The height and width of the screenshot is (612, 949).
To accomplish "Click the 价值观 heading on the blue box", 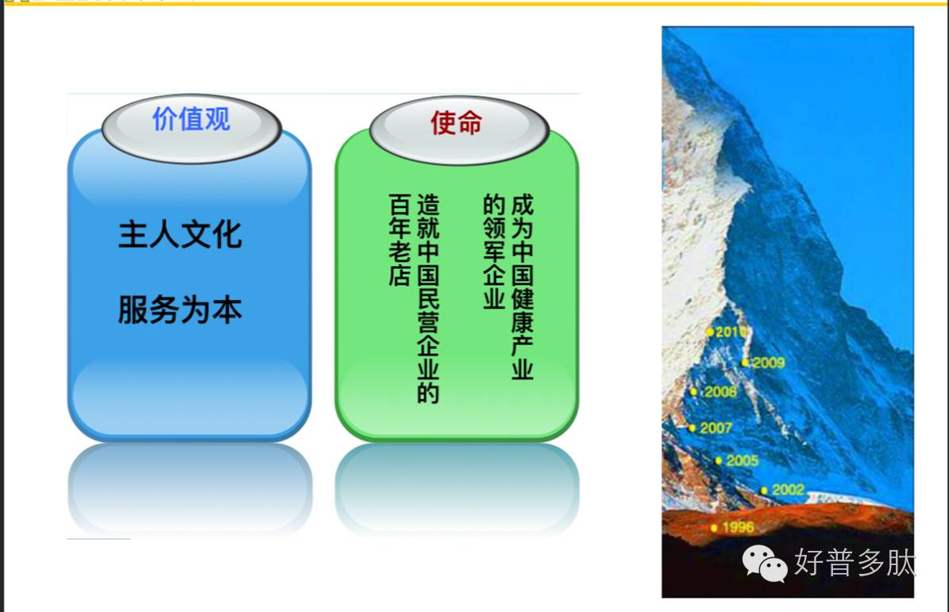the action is pyautogui.click(x=191, y=119).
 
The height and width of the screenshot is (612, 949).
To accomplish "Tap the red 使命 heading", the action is pyautogui.click(x=457, y=123).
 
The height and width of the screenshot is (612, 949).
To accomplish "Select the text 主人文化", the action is pyautogui.click(x=180, y=235).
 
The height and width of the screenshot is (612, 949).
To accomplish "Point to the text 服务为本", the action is pyautogui.click(x=180, y=310).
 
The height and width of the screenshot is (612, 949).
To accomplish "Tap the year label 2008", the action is pyautogui.click(x=720, y=392).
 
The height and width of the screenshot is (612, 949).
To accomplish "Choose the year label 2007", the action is pyautogui.click(x=716, y=428).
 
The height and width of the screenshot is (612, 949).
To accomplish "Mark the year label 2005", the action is pyautogui.click(x=742, y=461).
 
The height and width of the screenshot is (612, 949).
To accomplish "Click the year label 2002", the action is pyautogui.click(x=788, y=490).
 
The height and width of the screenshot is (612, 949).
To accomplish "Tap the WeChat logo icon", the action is pyautogui.click(x=765, y=563).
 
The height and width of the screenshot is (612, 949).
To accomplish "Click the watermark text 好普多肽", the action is pyautogui.click(x=854, y=563).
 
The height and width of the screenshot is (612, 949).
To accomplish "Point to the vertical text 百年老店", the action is pyautogui.click(x=399, y=240).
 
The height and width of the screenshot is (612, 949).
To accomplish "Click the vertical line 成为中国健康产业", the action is pyautogui.click(x=523, y=287).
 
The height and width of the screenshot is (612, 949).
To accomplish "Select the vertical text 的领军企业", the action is pyautogui.click(x=494, y=251).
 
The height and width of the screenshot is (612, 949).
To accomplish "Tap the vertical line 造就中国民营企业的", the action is pyautogui.click(x=428, y=298).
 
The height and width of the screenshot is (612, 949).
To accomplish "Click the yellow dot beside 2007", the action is pyautogui.click(x=692, y=428).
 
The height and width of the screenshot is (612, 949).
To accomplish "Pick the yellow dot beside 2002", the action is pyautogui.click(x=765, y=491).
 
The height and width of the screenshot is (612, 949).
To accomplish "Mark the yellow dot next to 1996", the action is pyautogui.click(x=714, y=528).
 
